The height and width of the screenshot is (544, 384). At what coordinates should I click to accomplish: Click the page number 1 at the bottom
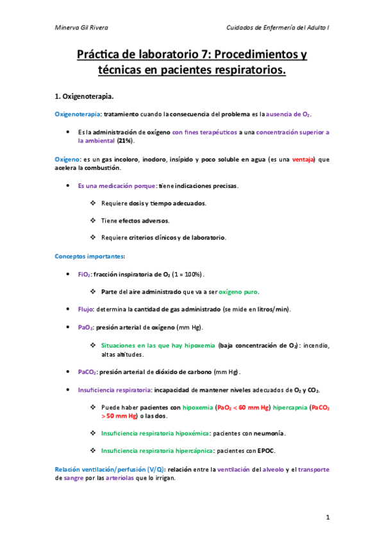coord(327,517)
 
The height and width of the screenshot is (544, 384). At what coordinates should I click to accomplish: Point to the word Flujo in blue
coord(86,309)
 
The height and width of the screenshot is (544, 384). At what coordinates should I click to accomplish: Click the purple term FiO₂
coord(84,274)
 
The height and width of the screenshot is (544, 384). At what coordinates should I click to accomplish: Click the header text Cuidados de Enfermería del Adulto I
coord(278,28)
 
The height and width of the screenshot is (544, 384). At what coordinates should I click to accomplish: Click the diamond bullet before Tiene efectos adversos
coord(94,221)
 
